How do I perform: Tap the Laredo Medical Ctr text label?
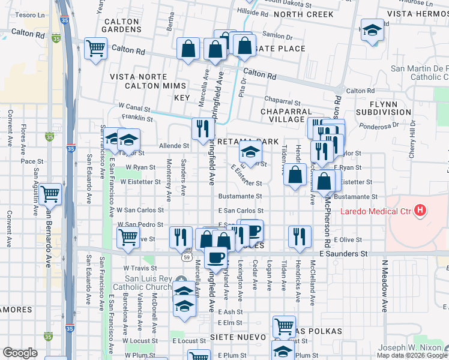point(377,211)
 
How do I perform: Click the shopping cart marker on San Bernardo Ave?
point(51,193)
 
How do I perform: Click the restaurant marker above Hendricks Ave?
point(298,236)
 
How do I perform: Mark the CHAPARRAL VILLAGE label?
point(287,115)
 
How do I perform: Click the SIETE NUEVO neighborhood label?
point(234,338)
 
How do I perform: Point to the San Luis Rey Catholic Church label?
point(149,283)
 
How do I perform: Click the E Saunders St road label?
point(343,254)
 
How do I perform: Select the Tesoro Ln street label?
point(17,14)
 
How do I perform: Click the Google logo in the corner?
point(20,353)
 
